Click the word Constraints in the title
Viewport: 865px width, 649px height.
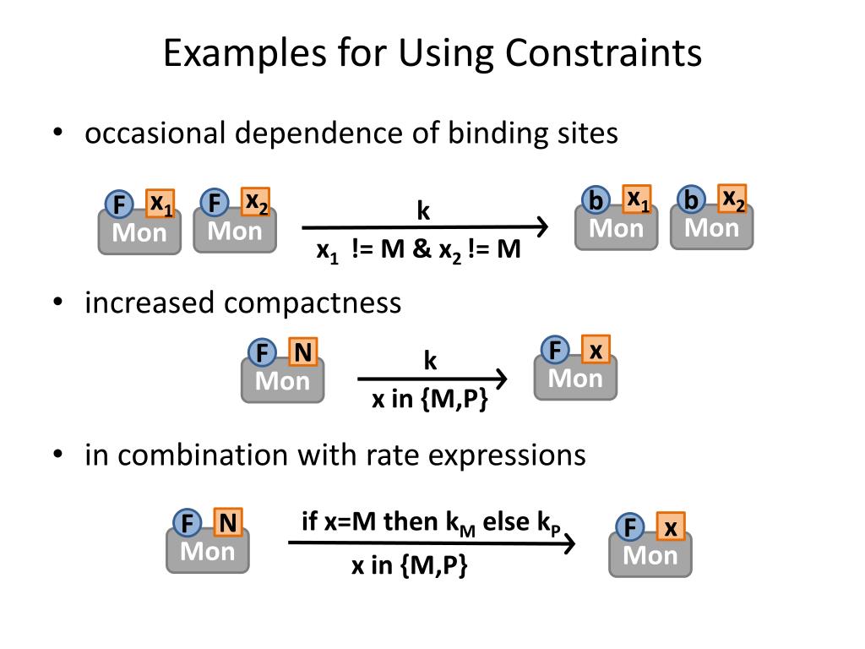pyautogui.click(x=604, y=54)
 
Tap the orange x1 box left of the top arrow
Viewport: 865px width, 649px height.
pyautogui.click(x=160, y=204)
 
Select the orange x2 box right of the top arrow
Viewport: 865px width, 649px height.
pyautogui.click(x=732, y=199)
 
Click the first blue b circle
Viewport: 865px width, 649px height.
pyautogui.click(x=596, y=202)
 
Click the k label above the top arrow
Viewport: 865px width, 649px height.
pyautogui.click(x=423, y=211)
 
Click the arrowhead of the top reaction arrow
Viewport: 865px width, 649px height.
pyautogui.click(x=542, y=226)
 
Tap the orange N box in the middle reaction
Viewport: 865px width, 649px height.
pyautogui.click(x=302, y=352)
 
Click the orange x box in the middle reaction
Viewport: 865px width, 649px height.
pyautogui.click(x=596, y=350)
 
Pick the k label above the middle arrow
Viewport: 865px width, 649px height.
pyautogui.click(x=430, y=362)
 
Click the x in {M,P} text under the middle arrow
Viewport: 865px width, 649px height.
pyautogui.click(x=430, y=400)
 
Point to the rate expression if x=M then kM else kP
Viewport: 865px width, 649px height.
pyautogui.click(x=431, y=523)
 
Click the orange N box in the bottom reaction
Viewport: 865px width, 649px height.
pyautogui.click(x=228, y=524)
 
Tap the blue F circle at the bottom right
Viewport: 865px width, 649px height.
pyautogui.click(x=630, y=528)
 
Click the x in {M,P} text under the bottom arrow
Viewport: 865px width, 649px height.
pyautogui.click(x=410, y=566)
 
